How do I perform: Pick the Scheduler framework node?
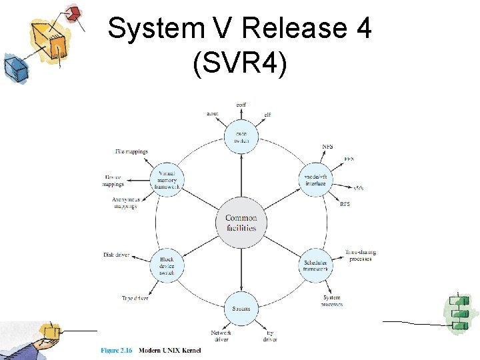[x=315, y=264]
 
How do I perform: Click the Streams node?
[x=241, y=309]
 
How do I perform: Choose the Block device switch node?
[x=167, y=265]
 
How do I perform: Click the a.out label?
[x=212, y=114]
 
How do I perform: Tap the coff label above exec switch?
[x=241, y=105]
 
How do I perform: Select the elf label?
[x=267, y=115]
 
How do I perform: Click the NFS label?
[x=327, y=147]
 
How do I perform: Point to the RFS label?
[x=345, y=204]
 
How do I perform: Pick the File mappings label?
[x=131, y=152]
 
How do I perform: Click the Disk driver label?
[x=116, y=255]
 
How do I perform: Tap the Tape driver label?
[x=135, y=298]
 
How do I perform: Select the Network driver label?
[x=221, y=336]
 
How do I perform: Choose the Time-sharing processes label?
[x=361, y=255]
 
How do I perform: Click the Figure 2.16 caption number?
[x=117, y=349]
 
